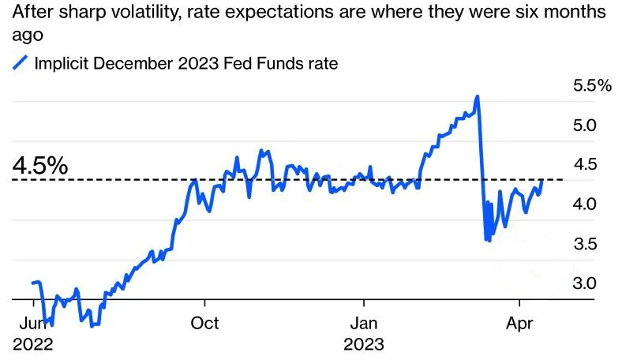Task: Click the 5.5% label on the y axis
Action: point(592,86)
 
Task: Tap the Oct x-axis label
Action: point(205,323)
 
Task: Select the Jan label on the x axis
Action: point(364,323)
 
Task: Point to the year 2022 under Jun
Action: point(33,344)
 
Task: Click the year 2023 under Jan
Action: point(364,344)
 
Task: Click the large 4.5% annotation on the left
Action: point(39,166)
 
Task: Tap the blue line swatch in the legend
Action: point(21,64)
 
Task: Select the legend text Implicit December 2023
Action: point(126,64)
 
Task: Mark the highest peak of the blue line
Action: point(478,96)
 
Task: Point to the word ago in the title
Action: point(29,36)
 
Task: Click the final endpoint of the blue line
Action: point(541,181)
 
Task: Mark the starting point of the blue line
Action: point(32,283)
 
